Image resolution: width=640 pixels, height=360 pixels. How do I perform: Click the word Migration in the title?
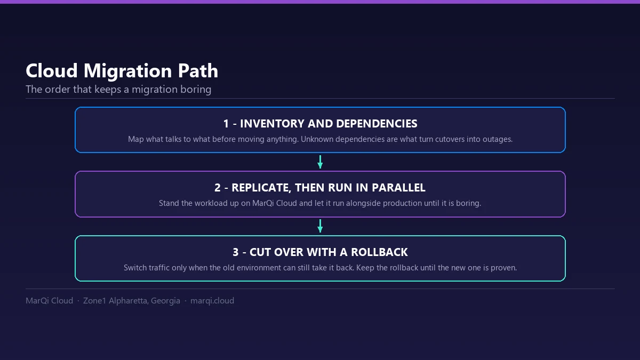click(127, 71)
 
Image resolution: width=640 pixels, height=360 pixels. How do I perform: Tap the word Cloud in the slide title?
click(52, 70)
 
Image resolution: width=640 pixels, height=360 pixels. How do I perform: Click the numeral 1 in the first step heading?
click(226, 124)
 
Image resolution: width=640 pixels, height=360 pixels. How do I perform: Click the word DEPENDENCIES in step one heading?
click(377, 124)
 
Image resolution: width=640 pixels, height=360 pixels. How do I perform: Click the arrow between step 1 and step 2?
click(320, 162)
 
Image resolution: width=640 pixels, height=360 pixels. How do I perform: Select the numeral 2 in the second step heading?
click(218, 188)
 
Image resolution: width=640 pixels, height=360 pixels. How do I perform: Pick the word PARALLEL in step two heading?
click(398, 188)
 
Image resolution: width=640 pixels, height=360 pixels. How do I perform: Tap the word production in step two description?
click(402, 203)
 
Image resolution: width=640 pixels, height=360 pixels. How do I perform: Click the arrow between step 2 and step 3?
click(320, 226)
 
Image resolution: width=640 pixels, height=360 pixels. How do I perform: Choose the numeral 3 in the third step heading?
click(235, 252)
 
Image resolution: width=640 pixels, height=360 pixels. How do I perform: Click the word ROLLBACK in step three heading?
click(379, 252)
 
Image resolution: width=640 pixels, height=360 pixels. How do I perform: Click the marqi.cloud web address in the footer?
click(212, 301)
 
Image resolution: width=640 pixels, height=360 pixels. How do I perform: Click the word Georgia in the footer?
click(165, 301)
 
